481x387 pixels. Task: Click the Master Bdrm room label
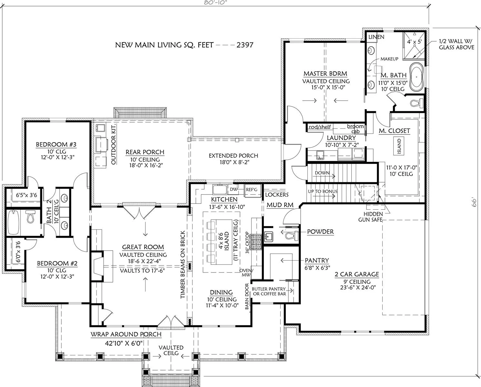point(325,74)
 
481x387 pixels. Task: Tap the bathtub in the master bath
point(416,77)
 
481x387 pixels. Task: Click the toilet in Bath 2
point(31,216)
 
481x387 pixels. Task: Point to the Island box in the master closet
point(399,146)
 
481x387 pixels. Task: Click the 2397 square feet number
point(245,45)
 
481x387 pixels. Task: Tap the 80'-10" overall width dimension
point(215,3)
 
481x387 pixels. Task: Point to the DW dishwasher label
point(234,189)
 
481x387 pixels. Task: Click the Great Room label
point(143,247)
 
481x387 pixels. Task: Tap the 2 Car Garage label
point(357,274)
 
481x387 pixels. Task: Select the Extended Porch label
point(233,155)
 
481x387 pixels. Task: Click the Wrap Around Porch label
point(126,334)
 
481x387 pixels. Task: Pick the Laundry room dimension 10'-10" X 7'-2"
point(342,145)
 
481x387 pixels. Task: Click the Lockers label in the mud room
point(277,194)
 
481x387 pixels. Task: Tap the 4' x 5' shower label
point(414,42)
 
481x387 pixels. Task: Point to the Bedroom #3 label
point(56,144)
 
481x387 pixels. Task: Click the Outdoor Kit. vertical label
point(114,144)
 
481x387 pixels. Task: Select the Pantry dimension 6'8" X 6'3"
point(317,267)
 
